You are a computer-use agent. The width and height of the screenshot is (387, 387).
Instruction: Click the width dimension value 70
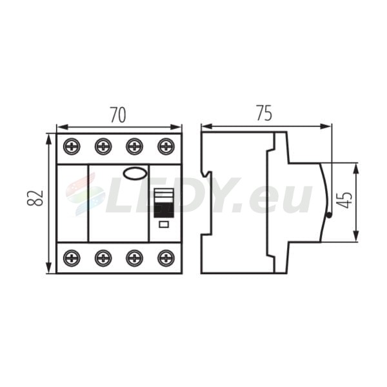[x=118, y=115]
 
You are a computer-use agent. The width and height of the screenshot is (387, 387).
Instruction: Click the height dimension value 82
[x=35, y=198]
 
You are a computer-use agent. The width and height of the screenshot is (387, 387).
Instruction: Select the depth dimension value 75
[x=264, y=113]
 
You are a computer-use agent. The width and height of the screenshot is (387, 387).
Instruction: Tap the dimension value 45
[x=345, y=200]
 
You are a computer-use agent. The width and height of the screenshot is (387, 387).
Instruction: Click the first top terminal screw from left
[x=72, y=146]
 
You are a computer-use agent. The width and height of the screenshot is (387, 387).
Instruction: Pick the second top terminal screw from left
[x=103, y=146]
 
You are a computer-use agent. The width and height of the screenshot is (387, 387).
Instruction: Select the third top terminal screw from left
[x=134, y=146]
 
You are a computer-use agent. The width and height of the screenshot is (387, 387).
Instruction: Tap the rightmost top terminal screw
[x=166, y=146]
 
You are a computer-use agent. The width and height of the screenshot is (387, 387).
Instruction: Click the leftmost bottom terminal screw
[x=72, y=258]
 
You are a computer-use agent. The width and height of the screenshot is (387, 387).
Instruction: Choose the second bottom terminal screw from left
[x=103, y=258]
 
